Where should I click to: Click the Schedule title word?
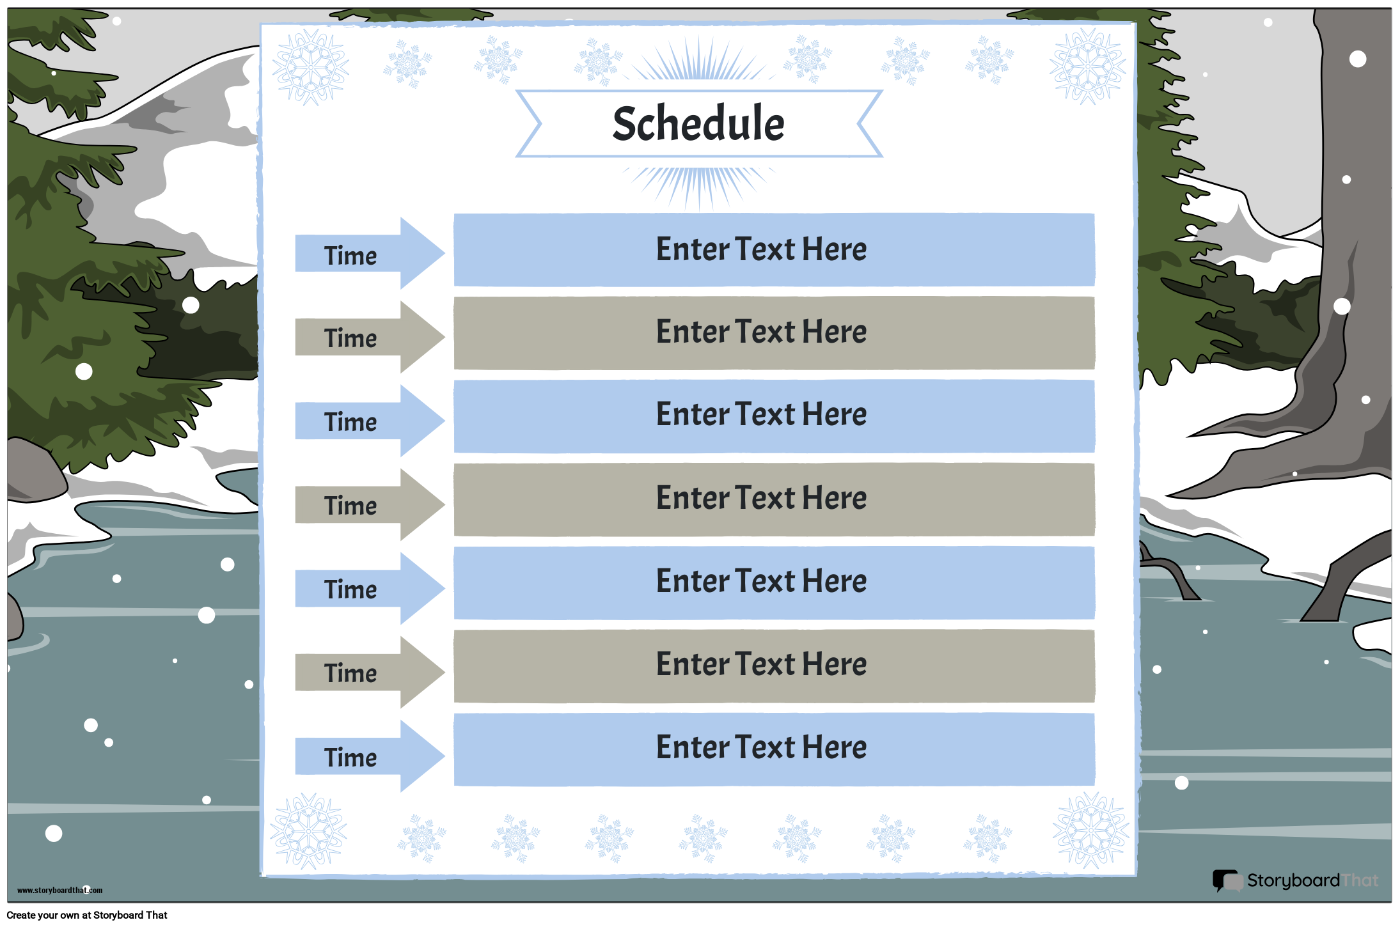[x=698, y=123]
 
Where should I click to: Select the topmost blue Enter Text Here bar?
[x=774, y=249]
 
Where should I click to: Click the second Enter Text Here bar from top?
[x=774, y=332]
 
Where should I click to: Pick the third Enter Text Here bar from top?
[x=774, y=416]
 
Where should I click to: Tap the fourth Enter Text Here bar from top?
[x=774, y=499]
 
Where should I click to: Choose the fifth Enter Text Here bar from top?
[x=774, y=582]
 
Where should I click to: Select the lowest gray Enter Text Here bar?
[x=774, y=666]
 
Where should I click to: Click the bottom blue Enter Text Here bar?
[x=774, y=749]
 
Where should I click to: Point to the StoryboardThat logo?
[x=1295, y=881]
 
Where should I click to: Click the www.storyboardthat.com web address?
[x=59, y=890]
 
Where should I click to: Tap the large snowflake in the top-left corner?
[x=311, y=66]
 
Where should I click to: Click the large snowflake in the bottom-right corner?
[x=1091, y=830]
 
